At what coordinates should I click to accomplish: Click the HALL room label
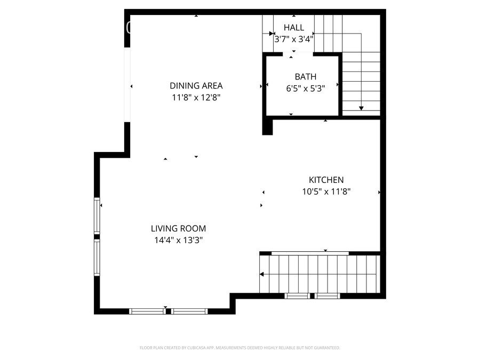point(294,27)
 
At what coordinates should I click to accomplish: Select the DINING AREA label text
point(196,85)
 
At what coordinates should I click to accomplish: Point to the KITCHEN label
point(326,180)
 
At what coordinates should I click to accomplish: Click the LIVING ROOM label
point(178,228)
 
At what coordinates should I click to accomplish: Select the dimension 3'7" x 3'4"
point(294,39)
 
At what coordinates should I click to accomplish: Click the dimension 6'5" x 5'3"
point(305,88)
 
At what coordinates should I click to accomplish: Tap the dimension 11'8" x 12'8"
point(196,97)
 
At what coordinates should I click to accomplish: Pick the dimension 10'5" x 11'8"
point(326,191)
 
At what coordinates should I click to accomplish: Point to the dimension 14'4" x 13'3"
point(178,240)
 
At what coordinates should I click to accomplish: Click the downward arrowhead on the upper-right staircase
point(361,108)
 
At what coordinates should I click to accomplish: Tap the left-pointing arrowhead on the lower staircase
point(262,275)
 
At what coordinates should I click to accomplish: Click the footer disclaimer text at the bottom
point(239,348)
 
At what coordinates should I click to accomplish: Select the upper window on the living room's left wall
point(97,216)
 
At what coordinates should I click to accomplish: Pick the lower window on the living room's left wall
point(97,257)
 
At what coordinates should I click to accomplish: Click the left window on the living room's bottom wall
point(148,311)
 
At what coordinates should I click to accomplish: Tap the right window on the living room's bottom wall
point(189,311)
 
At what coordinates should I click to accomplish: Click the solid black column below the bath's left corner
point(267,127)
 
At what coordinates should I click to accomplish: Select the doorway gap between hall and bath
point(293,54)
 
